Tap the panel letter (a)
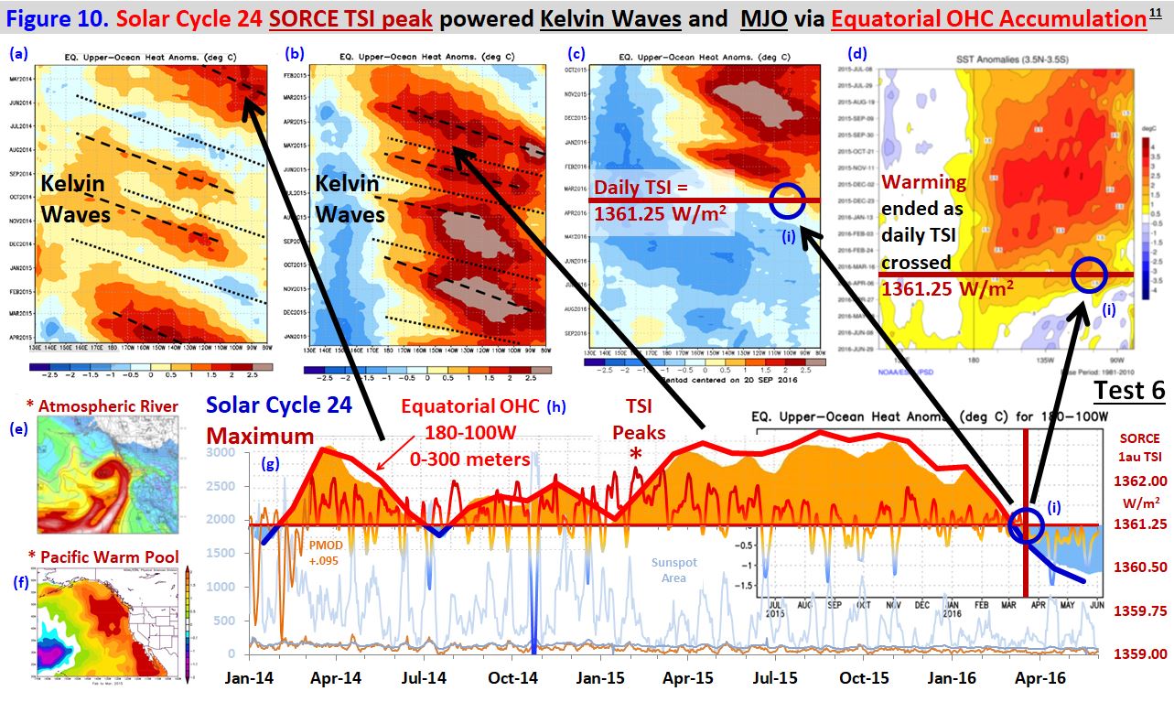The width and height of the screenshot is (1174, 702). tap(17, 53)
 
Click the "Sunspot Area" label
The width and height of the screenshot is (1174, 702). tap(673, 570)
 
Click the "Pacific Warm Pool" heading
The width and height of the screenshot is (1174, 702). tap(97, 556)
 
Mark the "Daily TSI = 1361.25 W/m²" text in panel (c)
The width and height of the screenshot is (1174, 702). tap(662, 201)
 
